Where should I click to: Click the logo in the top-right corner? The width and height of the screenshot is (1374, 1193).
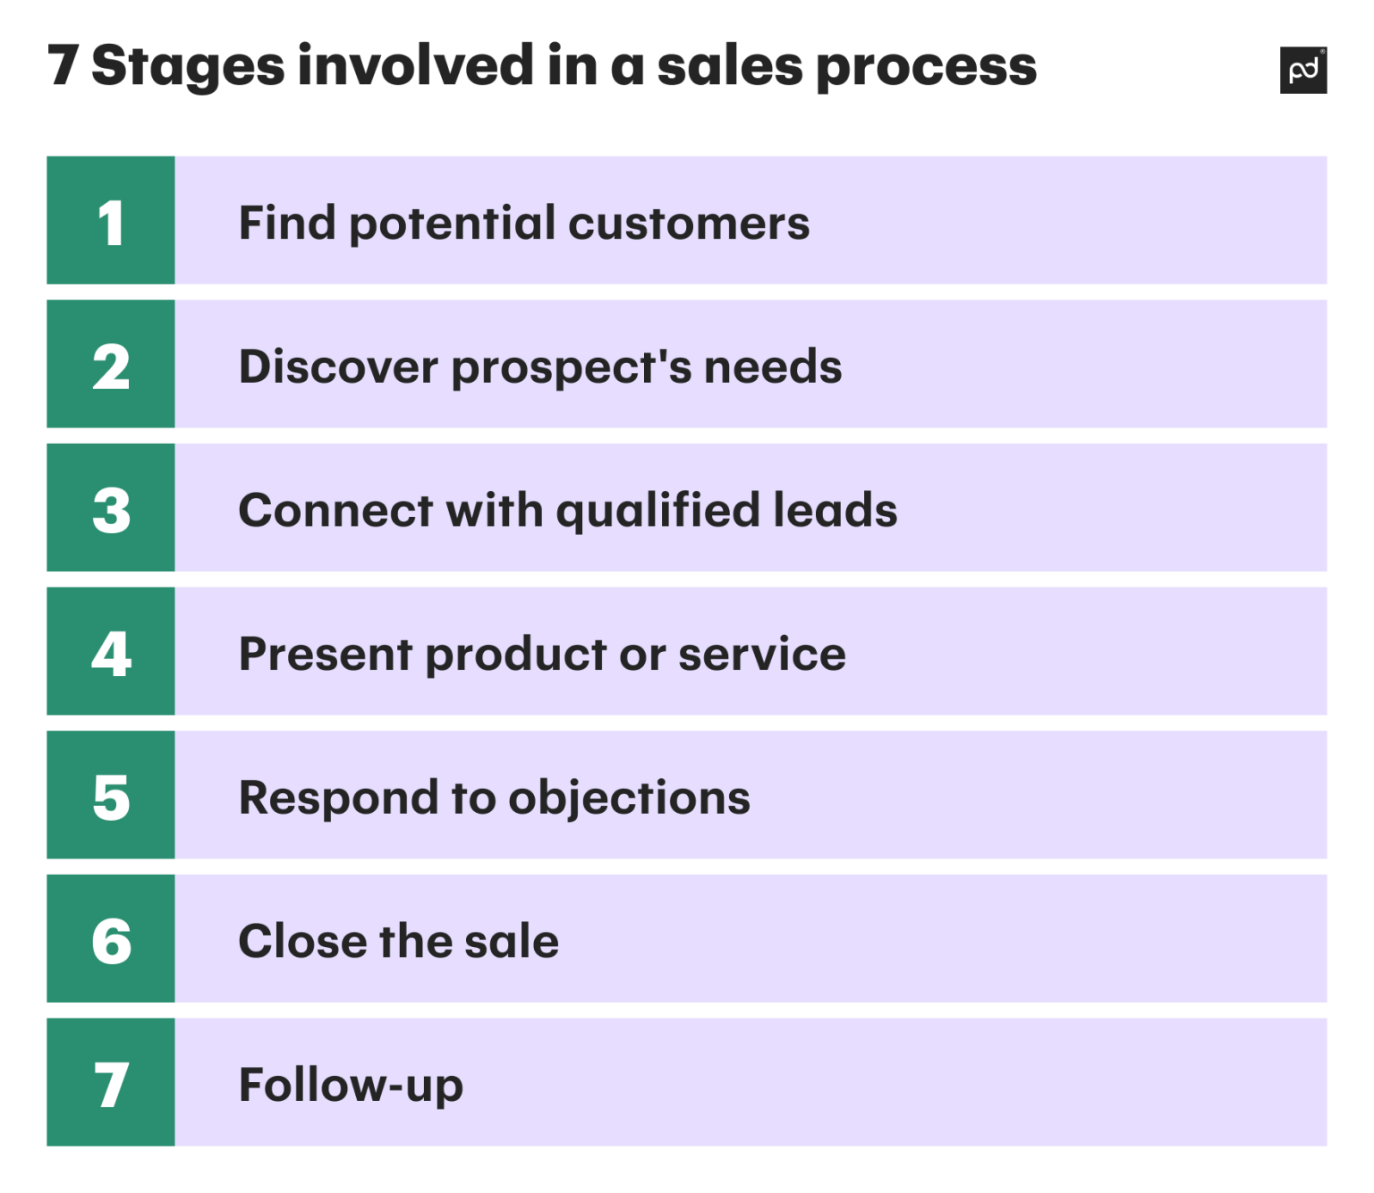click(1302, 70)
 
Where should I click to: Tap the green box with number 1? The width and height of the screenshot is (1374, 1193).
click(111, 221)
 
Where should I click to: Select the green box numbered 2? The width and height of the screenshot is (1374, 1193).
click(111, 364)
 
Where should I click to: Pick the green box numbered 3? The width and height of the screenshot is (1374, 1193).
click(111, 508)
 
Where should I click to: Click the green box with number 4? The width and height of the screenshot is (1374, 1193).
click(111, 652)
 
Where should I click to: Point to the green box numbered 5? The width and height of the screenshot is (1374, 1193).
click(111, 795)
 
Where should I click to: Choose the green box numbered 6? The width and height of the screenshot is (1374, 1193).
click(111, 939)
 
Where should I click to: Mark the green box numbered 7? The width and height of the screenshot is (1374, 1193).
click(111, 1083)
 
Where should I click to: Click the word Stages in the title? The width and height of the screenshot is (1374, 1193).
click(188, 67)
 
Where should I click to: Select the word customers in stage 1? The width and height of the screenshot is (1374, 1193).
click(689, 223)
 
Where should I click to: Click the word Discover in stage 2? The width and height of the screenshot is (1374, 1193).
click(338, 367)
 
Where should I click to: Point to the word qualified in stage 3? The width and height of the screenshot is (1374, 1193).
click(657, 512)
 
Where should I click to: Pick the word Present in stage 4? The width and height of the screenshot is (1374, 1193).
click(326, 654)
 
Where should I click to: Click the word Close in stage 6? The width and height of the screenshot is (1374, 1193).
click(302, 941)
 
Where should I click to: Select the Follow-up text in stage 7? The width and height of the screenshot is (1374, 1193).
click(351, 1085)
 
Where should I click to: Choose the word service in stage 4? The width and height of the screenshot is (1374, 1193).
click(761, 654)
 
